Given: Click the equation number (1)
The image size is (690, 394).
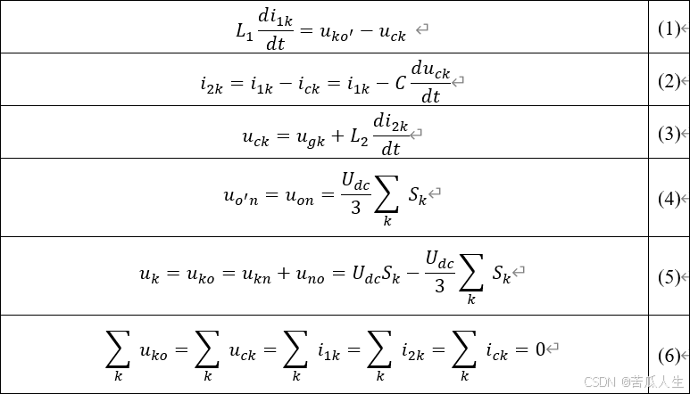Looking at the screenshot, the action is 669,29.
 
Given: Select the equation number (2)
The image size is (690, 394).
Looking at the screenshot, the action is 669,81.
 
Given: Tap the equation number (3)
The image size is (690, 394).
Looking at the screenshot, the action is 669,134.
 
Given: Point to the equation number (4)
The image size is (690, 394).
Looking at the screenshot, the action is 669,199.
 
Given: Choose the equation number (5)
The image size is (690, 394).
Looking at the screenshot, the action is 669,276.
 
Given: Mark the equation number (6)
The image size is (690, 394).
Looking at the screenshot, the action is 669,355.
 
